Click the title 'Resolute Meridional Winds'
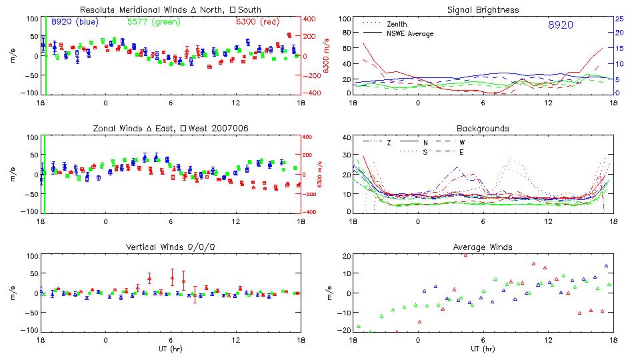[x=133, y=10]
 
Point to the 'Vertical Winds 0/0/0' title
[x=171, y=247]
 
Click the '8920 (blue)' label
[x=75, y=22]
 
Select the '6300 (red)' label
[x=257, y=22]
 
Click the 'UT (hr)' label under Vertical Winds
[x=171, y=349]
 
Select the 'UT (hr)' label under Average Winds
[x=483, y=349]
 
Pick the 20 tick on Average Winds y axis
[x=346, y=256]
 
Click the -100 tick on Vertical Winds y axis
[x=27, y=330]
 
